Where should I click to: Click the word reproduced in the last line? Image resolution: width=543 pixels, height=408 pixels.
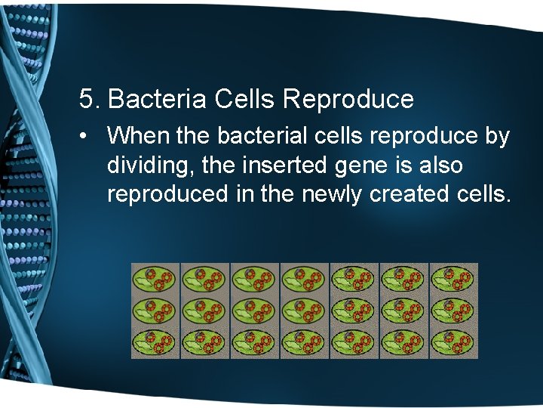coord(167,194)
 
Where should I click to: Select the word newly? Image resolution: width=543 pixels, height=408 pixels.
coord(332,194)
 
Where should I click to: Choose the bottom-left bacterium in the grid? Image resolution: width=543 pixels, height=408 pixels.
coord(156,343)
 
